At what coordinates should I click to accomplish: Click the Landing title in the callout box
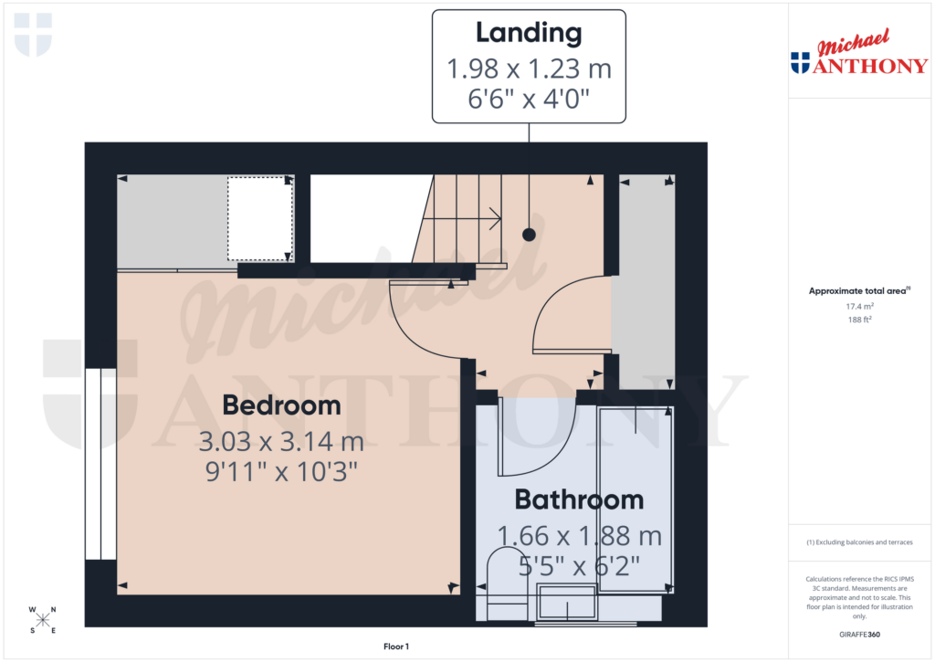pos(529,33)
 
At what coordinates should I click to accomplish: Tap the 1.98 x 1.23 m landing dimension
pos(529,68)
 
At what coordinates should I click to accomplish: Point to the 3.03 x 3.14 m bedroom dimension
pos(281,443)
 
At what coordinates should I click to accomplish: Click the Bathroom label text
pos(579,499)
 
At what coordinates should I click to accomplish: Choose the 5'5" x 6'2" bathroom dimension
pos(579,566)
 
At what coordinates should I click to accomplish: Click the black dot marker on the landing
pos(529,235)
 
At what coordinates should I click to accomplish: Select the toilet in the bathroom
pos(502,580)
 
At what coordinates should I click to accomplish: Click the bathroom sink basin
pos(566,602)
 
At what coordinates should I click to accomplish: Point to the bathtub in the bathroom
pos(636,498)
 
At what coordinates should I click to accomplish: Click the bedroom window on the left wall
pos(100,463)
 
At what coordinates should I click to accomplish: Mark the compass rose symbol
pos(43,620)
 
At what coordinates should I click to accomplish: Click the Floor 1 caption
pos(396,646)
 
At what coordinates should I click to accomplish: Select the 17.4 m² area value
pos(861,308)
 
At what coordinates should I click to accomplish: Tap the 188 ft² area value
pos(861,320)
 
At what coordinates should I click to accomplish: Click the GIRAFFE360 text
pos(861,635)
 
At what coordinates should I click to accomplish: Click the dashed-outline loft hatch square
pos(259,219)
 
